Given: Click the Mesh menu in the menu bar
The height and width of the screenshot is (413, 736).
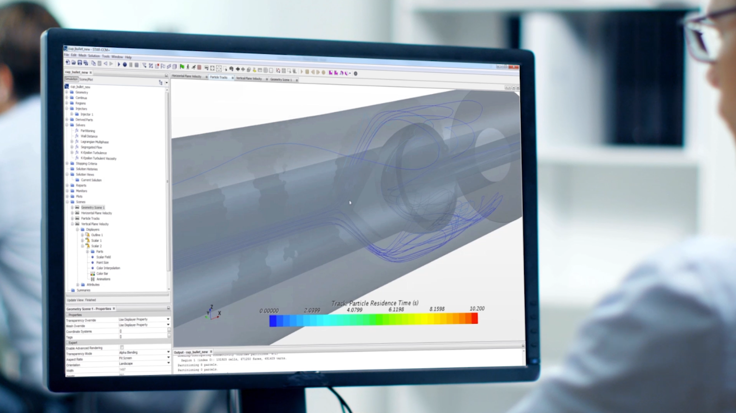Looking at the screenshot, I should pyautogui.click(x=82, y=55).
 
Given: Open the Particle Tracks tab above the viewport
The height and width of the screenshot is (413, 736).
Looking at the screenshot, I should pyautogui.click(x=218, y=77).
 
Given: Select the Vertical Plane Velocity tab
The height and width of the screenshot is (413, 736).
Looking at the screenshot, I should pyautogui.click(x=249, y=79).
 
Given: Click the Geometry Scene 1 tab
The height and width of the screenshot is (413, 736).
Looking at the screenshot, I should pyautogui.click(x=281, y=80).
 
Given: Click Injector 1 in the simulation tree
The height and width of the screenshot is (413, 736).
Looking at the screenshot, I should pyautogui.click(x=87, y=114).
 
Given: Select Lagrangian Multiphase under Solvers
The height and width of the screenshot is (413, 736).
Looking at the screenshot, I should pyautogui.click(x=94, y=142).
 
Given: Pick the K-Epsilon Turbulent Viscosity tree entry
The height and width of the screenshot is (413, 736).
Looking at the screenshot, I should pyautogui.click(x=98, y=158).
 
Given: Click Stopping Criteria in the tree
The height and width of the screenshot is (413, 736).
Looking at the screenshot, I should pyautogui.click(x=86, y=164).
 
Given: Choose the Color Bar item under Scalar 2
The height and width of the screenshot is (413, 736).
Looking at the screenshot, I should pyautogui.click(x=102, y=273).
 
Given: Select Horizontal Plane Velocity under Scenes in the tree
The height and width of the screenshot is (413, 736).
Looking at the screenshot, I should pyautogui.click(x=96, y=213).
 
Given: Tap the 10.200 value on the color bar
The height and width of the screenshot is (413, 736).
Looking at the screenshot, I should pyautogui.click(x=477, y=308).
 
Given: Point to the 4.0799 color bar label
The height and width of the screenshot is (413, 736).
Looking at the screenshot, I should pyautogui.click(x=354, y=310).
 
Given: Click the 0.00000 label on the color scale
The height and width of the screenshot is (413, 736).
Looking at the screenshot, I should pyautogui.click(x=269, y=311).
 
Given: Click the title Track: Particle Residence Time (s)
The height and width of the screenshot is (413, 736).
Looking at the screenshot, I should pyautogui.click(x=374, y=303).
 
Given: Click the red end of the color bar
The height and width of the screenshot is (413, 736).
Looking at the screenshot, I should pyautogui.click(x=474, y=318).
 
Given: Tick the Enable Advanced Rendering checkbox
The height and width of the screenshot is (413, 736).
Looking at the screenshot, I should pyautogui.click(x=122, y=348).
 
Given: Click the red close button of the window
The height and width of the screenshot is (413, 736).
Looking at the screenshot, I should pyautogui.click(x=513, y=67).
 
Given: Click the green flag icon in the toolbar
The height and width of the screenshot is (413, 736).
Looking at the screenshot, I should pyautogui.click(x=182, y=67).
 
